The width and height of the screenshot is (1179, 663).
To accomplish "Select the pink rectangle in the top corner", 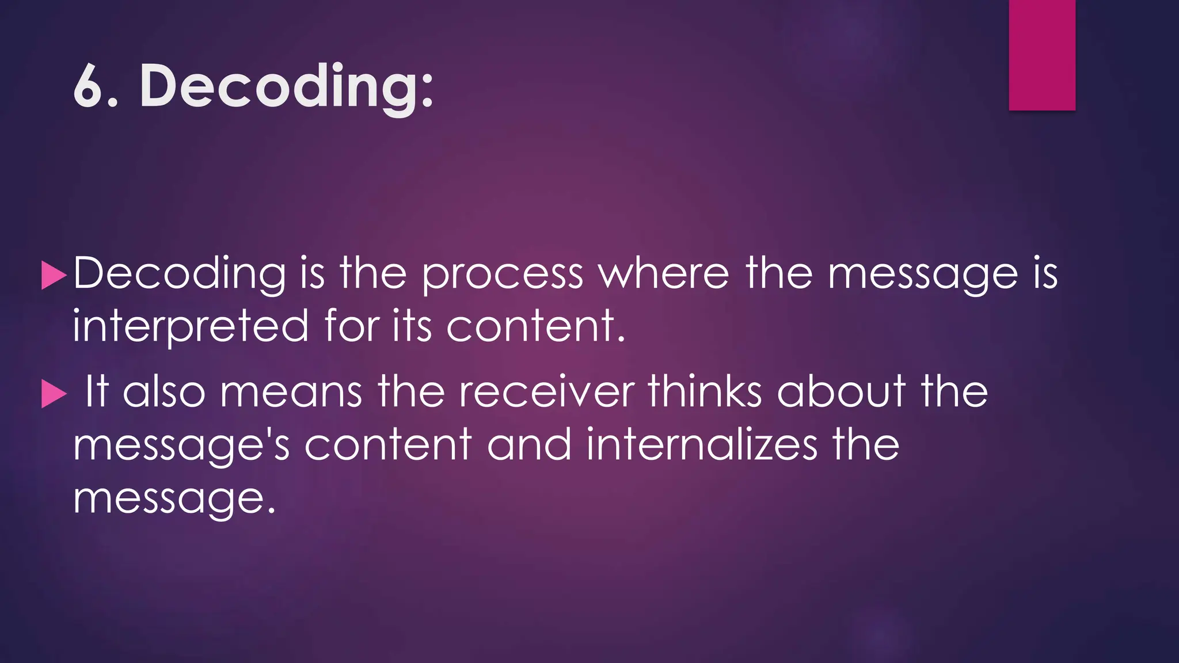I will [1042, 55].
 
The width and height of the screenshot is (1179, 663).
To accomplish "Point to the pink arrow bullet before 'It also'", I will [54, 395].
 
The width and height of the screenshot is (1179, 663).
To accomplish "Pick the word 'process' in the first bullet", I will [502, 275].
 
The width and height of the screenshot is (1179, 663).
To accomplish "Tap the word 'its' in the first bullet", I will [412, 326].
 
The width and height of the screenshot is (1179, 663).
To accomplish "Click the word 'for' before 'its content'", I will [352, 326].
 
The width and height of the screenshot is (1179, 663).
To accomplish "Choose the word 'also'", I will [164, 392].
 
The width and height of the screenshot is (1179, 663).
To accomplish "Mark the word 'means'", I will [291, 392].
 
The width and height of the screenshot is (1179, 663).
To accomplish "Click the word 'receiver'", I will [547, 392].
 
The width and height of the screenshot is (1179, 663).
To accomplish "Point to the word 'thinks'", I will [705, 392].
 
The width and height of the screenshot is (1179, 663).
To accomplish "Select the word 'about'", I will [841, 392].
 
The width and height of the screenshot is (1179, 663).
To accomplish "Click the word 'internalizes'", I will [702, 445].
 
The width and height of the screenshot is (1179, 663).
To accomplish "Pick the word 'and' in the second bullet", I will [530, 445].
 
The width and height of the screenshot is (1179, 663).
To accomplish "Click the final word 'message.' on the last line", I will [174, 498].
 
